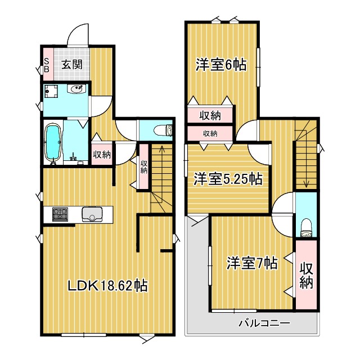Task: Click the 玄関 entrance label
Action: (71, 65)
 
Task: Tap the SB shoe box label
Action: (47, 65)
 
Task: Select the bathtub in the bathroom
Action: (54, 143)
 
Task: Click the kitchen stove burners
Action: (60, 214)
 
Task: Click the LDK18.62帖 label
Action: (107, 286)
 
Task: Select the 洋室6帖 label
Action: (221, 65)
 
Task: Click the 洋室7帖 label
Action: (251, 263)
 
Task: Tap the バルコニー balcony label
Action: (263, 323)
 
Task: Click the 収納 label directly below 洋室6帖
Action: (210, 115)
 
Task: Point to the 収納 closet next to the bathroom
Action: (102, 154)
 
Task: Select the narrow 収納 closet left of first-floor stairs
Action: (143, 163)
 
